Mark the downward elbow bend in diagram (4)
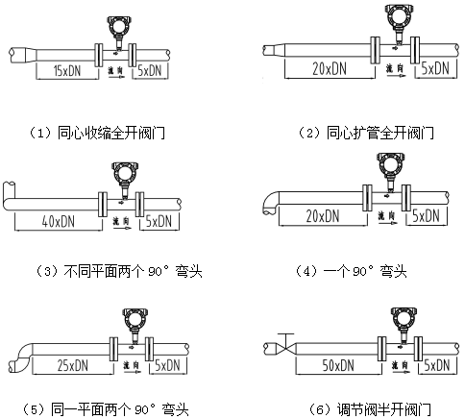269,199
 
